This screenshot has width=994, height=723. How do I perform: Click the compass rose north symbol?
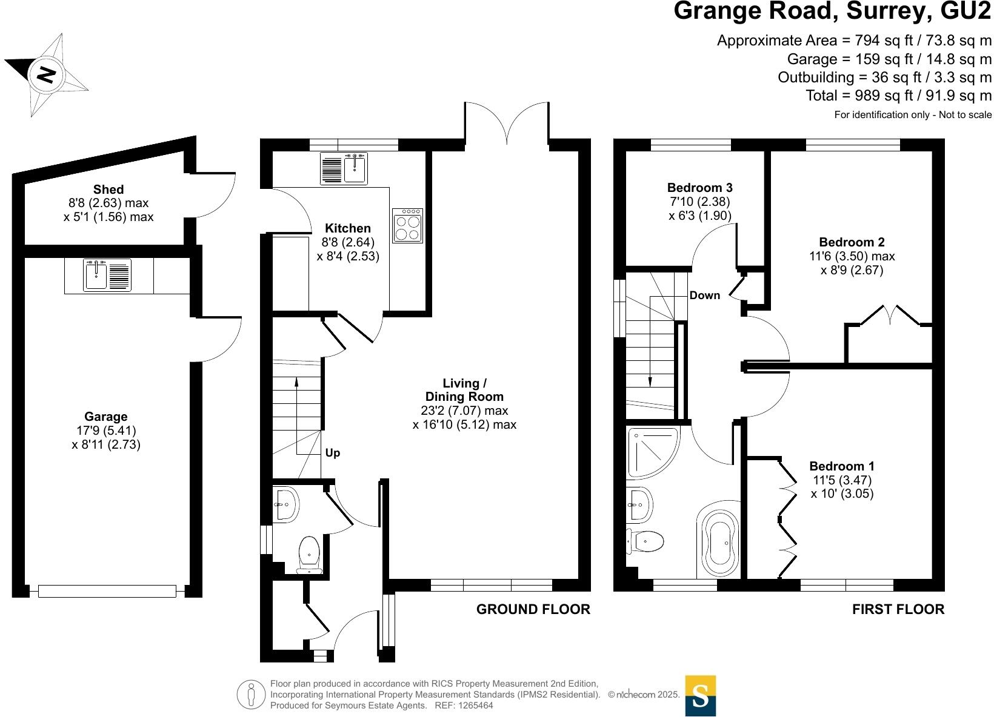coord(47,74)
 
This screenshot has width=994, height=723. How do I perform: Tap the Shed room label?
coord(108,190)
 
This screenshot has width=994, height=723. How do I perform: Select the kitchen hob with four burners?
coord(407,226)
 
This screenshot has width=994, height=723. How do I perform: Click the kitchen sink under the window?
coord(355,168)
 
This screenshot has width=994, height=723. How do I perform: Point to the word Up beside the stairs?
coord(333,453)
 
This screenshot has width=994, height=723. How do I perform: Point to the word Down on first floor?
coord(705,295)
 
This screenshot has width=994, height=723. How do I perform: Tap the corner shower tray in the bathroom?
coord(651,451)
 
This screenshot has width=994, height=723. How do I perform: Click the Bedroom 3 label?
coord(699,188)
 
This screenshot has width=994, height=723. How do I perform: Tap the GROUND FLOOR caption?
coord(533,609)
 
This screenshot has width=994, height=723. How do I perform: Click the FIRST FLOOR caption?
coord(898,609)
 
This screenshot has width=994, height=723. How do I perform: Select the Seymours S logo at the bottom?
coord(700,696)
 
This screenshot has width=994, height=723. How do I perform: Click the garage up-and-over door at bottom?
coord(107,591)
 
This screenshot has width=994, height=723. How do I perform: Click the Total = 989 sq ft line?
coord(898,96)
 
